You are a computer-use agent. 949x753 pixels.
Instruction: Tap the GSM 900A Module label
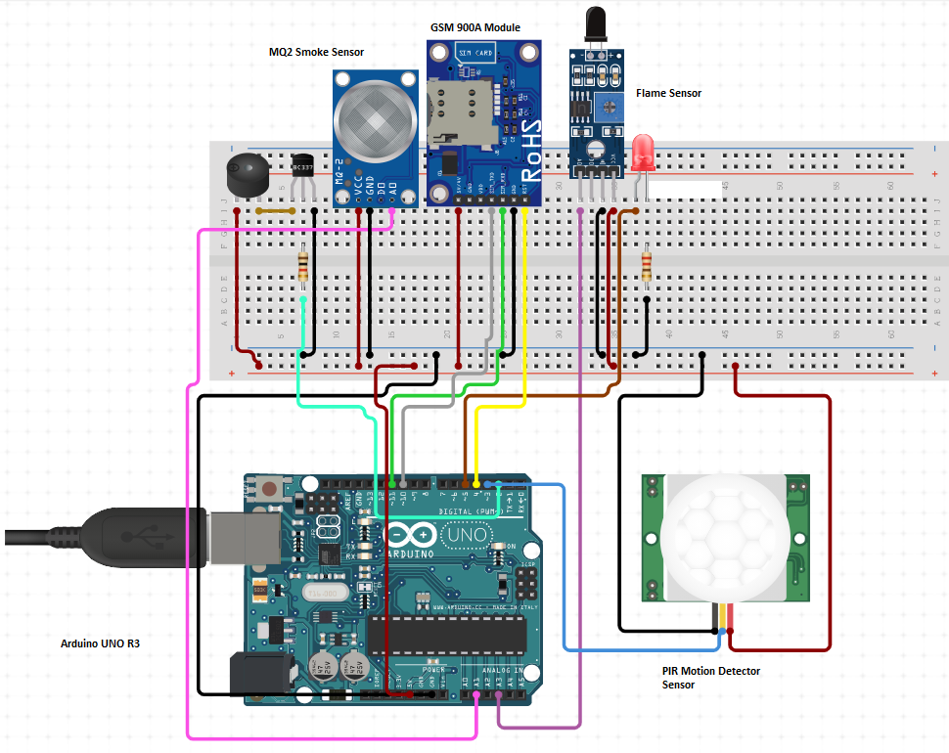click(x=475, y=27)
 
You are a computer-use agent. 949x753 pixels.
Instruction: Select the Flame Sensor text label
click(x=668, y=93)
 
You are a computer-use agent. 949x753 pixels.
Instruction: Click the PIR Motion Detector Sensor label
click(x=710, y=678)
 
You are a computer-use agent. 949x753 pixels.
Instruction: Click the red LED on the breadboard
click(x=642, y=153)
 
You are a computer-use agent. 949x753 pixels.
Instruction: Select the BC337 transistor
click(x=304, y=168)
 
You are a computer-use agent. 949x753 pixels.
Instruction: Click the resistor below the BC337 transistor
click(x=303, y=264)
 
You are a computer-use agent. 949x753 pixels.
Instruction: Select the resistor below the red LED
click(x=646, y=264)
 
